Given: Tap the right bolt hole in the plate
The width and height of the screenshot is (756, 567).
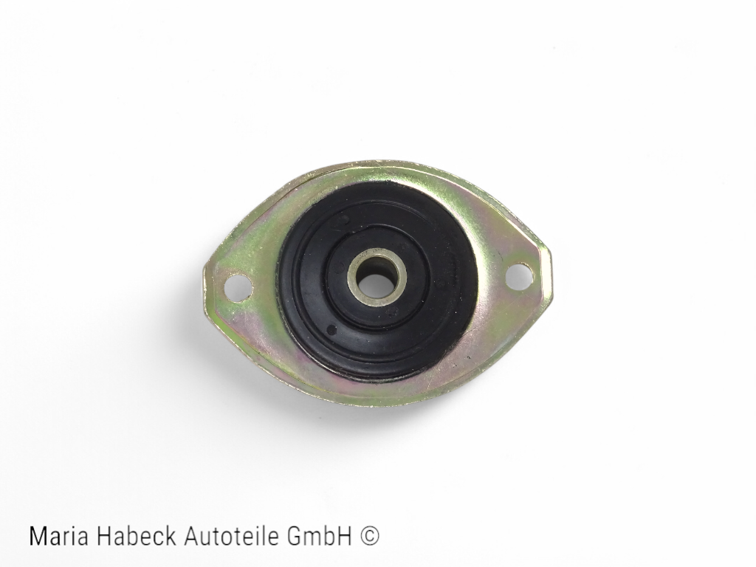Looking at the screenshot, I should [519, 275].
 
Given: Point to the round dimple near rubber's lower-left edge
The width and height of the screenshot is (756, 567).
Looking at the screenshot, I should [331, 329].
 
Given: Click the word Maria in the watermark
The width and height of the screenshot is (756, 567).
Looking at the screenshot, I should [56, 536].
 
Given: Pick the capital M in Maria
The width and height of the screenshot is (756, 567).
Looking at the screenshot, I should [38, 536].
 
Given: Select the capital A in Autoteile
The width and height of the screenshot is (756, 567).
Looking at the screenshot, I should [191, 536].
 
